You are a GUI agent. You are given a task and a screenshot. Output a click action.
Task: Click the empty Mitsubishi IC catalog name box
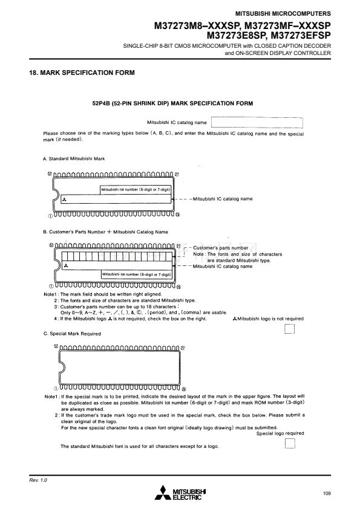pos(257,123)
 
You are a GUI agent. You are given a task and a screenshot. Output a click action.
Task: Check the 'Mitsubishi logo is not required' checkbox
pos(289,329)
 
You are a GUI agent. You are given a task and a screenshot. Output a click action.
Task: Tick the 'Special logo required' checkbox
pos(290,444)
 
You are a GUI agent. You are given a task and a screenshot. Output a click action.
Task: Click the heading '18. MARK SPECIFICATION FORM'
pos(82,73)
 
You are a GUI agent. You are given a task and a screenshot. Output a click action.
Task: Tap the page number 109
pos(327,493)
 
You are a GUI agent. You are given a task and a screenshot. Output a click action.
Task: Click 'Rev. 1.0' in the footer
pos(38,480)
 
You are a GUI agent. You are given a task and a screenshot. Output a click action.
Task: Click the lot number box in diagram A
pos(136,190)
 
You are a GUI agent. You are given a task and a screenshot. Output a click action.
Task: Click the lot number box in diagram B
pos(137,274)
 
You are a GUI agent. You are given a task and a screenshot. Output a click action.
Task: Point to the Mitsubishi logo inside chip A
pos(64,199)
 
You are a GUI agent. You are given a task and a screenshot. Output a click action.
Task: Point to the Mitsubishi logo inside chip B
pos(67,266)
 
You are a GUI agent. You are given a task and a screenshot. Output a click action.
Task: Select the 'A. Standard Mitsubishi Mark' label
pos(74,159)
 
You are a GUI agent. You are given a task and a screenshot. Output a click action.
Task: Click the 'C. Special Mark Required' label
pos(72,334)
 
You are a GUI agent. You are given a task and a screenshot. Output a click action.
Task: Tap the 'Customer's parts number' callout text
pos(221,248)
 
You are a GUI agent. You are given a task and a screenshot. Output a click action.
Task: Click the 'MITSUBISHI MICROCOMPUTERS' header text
pos(283,14)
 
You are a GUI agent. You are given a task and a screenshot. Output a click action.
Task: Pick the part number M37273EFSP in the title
pos(301,35)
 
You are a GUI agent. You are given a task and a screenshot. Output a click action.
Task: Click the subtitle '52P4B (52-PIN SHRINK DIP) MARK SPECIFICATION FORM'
pos(172,103)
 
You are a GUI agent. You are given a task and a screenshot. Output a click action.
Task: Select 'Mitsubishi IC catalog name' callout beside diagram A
pos(223,199)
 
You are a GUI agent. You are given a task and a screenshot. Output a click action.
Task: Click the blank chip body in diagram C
pos(119,368)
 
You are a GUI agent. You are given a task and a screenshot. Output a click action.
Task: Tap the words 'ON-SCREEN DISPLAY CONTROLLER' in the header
pos(283,53)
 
